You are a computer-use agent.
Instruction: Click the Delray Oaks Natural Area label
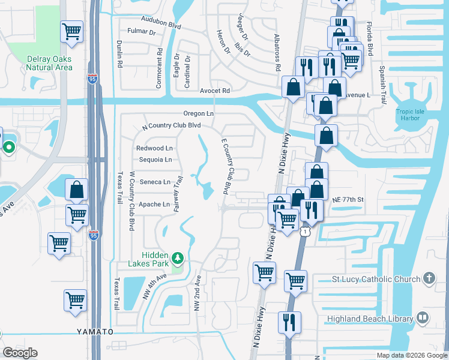click(x=49, y=63)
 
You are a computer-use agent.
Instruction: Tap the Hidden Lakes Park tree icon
click(x=177, y=259)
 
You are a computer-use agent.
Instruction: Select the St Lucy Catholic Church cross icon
click(x=429, y=278)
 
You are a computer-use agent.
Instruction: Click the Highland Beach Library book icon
click(x=423, y=318)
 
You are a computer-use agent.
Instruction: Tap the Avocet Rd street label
click(x=215, y=91)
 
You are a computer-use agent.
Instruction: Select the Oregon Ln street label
click(x=199, y=113)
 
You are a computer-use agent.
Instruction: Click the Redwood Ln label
click(x=154, y=148)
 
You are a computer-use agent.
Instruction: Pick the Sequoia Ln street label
click(x=155, y=160)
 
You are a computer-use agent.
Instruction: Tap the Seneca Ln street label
click(x=155, y=182)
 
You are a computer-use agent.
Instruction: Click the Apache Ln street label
click(x=154, y=204)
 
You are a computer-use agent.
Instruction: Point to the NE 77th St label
click(x=346, y=199)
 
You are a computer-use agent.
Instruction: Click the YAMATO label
click(x=95, y=332)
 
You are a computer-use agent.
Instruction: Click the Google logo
click(x=20, y=353)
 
